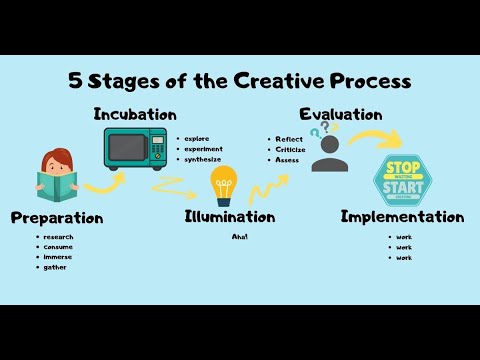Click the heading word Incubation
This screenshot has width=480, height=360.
pos(134,114)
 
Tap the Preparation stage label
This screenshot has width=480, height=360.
pos(57,217)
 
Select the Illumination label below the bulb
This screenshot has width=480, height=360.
pos(230,216)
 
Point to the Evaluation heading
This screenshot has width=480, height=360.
pos(340,114)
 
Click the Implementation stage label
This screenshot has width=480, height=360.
pos(402,216)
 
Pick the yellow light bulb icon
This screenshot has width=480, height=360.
pos(224,186)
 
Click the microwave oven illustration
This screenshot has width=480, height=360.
pos(136,148)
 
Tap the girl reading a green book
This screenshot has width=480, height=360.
pos(56,176)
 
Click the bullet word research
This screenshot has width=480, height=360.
pos(58,236)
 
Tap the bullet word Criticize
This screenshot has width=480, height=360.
pos(289,149)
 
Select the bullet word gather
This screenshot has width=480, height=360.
pos(55,267)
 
